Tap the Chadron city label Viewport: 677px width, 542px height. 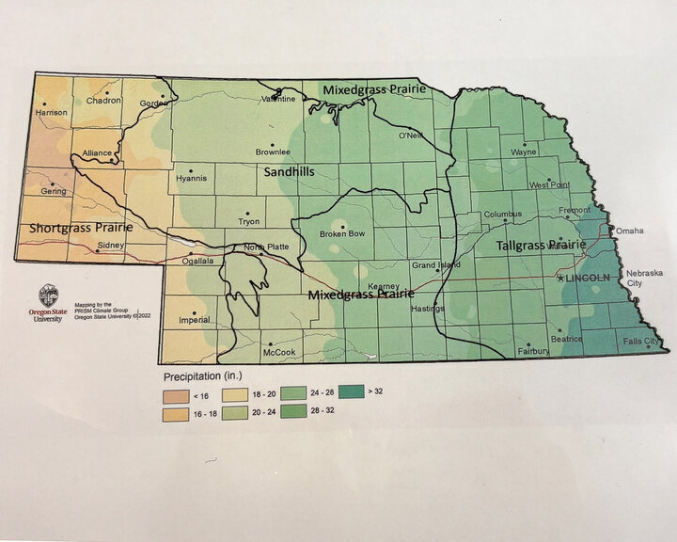(103, 101)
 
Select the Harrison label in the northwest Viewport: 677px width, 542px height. (51, 113)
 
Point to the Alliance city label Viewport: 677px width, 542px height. (97, 152)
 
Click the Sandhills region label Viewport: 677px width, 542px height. (289, 172)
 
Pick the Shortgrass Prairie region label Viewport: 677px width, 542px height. (80, 228)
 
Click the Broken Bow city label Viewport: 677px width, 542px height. (341, 233)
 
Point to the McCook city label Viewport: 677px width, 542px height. (279, 352)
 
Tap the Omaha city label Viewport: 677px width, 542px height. (630, 231)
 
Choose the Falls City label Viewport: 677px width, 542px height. (641, 341)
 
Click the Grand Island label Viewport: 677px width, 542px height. (436, 264)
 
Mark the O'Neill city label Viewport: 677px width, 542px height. (409, 135)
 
